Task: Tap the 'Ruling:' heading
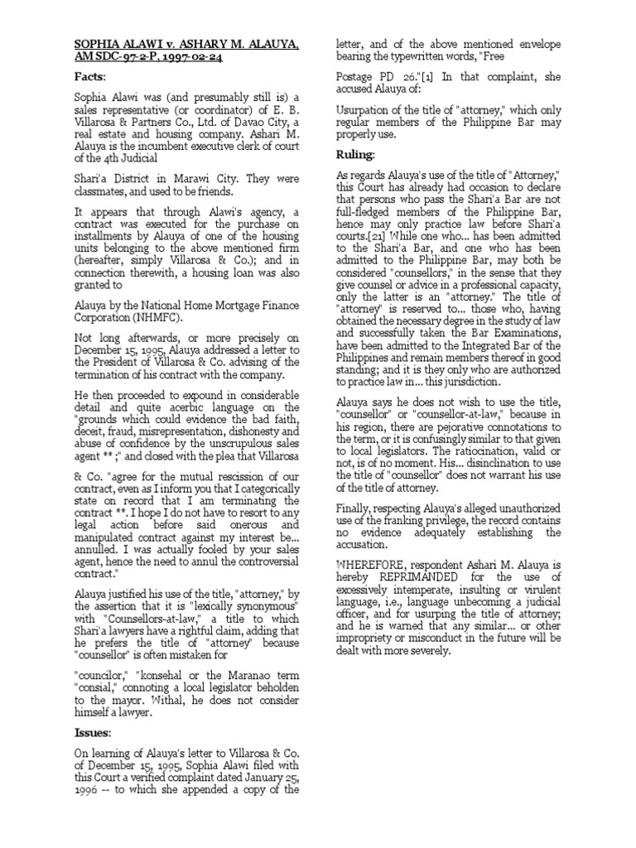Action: point(355,155)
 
